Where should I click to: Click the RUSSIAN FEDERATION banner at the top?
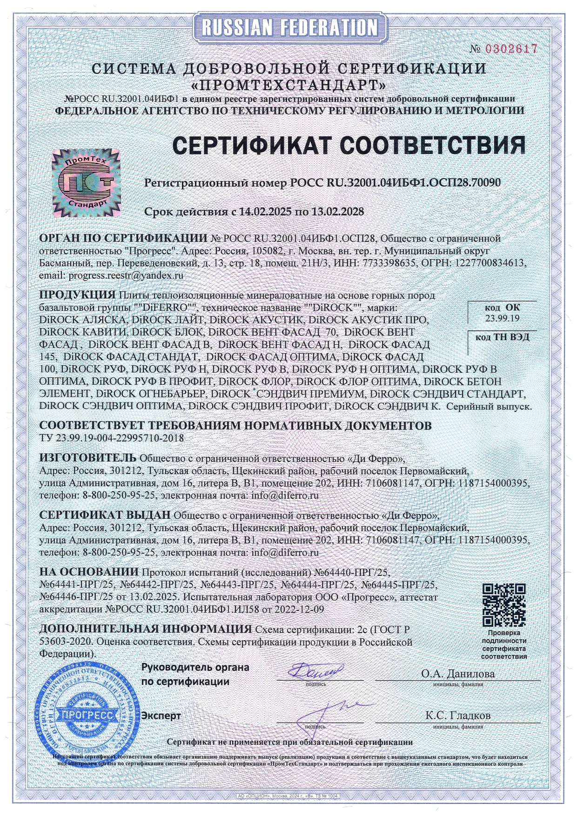coord(289,27)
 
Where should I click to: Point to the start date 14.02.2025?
coord(264,212)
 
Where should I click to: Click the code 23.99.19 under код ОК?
coord(502,318)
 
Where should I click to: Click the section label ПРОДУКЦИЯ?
coord(77,295)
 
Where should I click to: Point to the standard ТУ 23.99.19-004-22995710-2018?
coord(112,438)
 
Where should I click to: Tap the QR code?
coord(504,604)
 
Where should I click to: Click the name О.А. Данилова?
coord(458,673)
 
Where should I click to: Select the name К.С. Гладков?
coord(458,715)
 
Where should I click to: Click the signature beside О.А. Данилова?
coord(315,671)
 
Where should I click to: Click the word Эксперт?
coord(161,716)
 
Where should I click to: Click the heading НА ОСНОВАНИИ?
coord(89,571)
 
